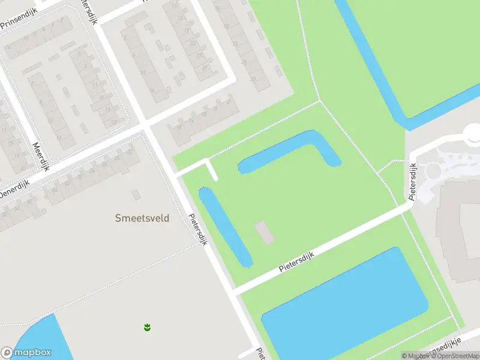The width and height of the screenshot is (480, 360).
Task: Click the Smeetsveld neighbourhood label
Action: [142, 218]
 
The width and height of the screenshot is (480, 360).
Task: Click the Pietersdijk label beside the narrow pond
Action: [197, 230]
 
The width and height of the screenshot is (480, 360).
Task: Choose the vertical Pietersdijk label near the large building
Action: [413, 181]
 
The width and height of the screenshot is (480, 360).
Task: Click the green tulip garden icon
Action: [147, 327]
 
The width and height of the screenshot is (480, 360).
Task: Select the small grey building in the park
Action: [265, 232]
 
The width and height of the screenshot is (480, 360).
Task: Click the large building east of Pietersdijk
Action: [459, 228]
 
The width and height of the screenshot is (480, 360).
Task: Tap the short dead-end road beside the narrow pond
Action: [211, 169]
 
